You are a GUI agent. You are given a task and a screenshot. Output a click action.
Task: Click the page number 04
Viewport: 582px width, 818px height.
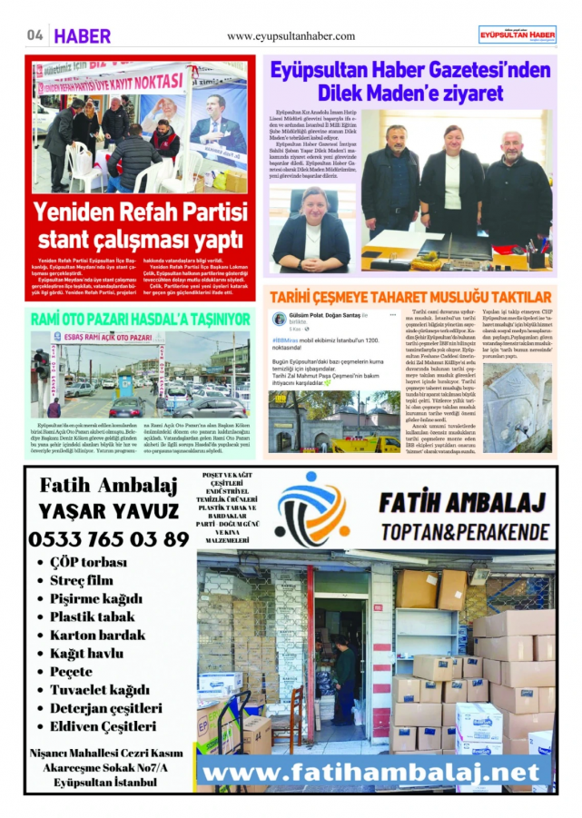pos(35,35)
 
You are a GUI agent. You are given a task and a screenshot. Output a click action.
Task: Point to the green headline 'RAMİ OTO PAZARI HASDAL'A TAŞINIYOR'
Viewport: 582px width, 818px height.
pos(140,320)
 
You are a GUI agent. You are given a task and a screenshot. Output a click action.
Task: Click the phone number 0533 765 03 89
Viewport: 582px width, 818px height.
pos(109,538)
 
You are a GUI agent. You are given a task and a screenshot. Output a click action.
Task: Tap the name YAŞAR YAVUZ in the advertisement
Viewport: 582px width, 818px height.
pos(109,510)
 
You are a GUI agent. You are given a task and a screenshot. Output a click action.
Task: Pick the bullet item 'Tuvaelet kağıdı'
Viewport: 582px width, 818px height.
pos(100,689)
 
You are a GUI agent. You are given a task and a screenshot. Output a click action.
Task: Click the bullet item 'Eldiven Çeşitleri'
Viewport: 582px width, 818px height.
pos(104,726)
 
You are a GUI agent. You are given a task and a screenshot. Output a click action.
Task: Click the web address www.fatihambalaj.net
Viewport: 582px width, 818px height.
pos(376,773)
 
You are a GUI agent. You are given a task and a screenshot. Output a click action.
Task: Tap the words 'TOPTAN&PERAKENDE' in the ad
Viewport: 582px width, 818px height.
pos(465,530)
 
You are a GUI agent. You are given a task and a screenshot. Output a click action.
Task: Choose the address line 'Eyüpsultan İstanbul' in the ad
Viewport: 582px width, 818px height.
pos(106,782)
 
